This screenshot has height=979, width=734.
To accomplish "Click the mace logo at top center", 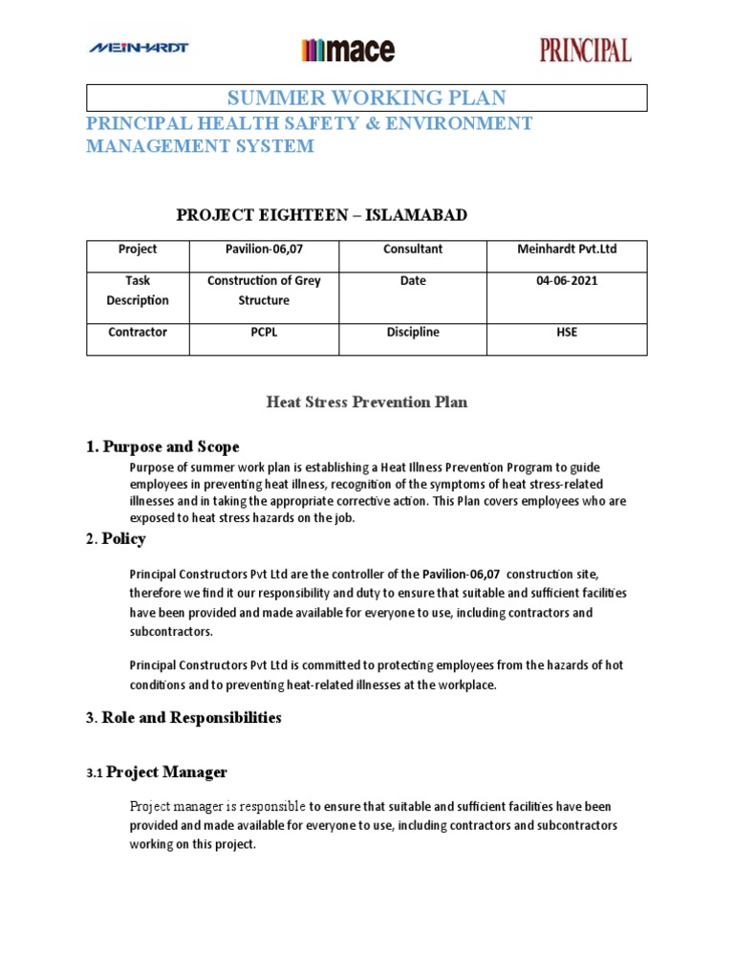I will click(348, 50).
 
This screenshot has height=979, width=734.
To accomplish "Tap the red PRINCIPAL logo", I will click(585, 50).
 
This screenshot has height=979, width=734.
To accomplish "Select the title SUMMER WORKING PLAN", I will click(366, 98).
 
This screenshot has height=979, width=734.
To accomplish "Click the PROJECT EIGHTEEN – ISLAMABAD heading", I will click(322, 215).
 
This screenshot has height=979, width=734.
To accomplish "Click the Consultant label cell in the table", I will click(413, 249).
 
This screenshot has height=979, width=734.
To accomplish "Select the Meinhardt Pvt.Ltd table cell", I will click(567, 249).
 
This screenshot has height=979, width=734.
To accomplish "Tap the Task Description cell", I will click(138, 291).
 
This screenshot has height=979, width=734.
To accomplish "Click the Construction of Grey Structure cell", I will click(264, 291).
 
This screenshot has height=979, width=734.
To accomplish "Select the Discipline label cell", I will click(413, 332).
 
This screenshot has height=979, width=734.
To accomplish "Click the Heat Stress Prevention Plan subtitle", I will click(366, 402).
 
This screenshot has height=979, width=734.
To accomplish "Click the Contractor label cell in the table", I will click(138, 332).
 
